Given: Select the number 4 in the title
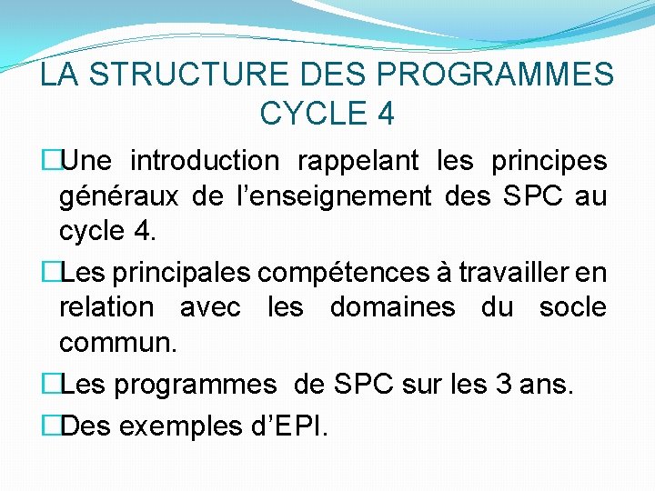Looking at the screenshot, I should click(385, 114).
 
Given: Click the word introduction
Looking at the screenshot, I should click(206, 161).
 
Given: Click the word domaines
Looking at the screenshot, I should click(392, 307).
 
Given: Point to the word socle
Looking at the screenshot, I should click(572, 307).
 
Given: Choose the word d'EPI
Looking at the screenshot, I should click(289, 422).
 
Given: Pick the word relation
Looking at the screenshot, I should click(106, 307).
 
